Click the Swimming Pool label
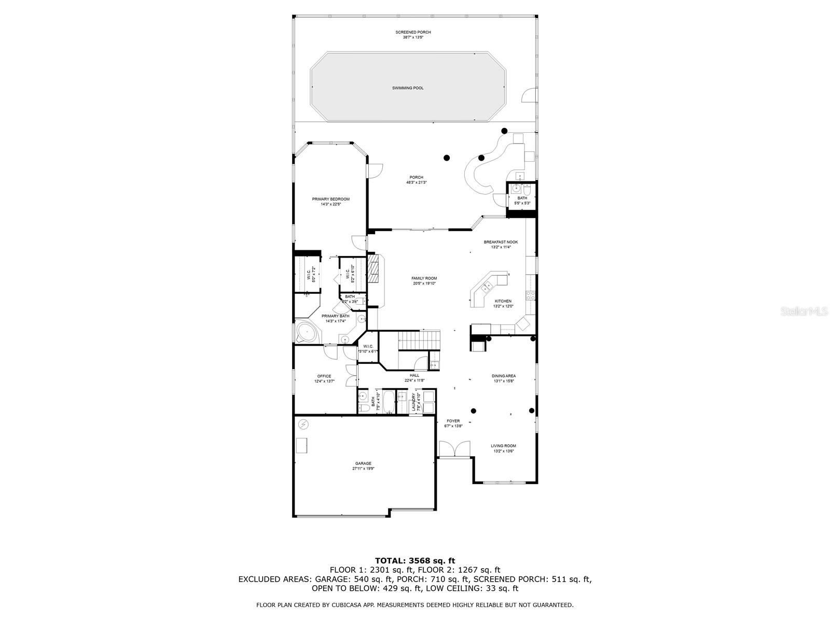[x=408, y=88]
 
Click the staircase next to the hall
[x=418, y=342]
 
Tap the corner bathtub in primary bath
[x=306, y=332]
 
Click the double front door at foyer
[x=454, y=449]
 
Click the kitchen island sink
[x=487, y=287]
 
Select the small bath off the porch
[x=522, y=194]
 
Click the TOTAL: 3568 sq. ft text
[x=414, y=560]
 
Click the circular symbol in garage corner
[x=303, y=424]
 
